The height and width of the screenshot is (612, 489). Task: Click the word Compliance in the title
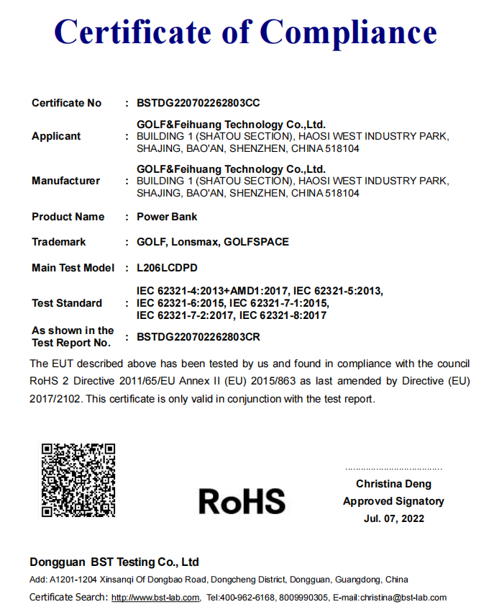coord(348,32)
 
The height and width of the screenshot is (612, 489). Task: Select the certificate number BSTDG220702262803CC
coord(198,103)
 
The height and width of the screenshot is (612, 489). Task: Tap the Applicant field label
coord(56,136)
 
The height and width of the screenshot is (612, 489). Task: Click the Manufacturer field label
coord(65,181)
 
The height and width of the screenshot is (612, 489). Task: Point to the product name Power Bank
coord(167,217)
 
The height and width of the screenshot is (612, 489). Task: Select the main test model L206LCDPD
coord(167,268)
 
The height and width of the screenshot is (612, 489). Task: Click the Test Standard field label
coord(67,303)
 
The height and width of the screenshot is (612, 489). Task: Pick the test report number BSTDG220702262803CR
coord(198,336)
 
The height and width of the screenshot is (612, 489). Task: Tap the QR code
coord(78,480)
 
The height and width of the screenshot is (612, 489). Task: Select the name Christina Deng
coord(393,485)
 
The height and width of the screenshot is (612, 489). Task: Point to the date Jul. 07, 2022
coord(394,518)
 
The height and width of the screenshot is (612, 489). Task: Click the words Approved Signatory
coord(393,501)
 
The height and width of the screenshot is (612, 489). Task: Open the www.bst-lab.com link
coord(155,598)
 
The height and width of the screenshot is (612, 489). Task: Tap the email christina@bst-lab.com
coord(407,598)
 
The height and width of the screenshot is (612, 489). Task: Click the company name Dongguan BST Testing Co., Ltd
coord(114,562)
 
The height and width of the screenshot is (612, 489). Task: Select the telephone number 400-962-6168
coord(247,598)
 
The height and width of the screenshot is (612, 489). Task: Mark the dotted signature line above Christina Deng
coord(393,468)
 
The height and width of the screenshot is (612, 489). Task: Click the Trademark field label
coord(59,242)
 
